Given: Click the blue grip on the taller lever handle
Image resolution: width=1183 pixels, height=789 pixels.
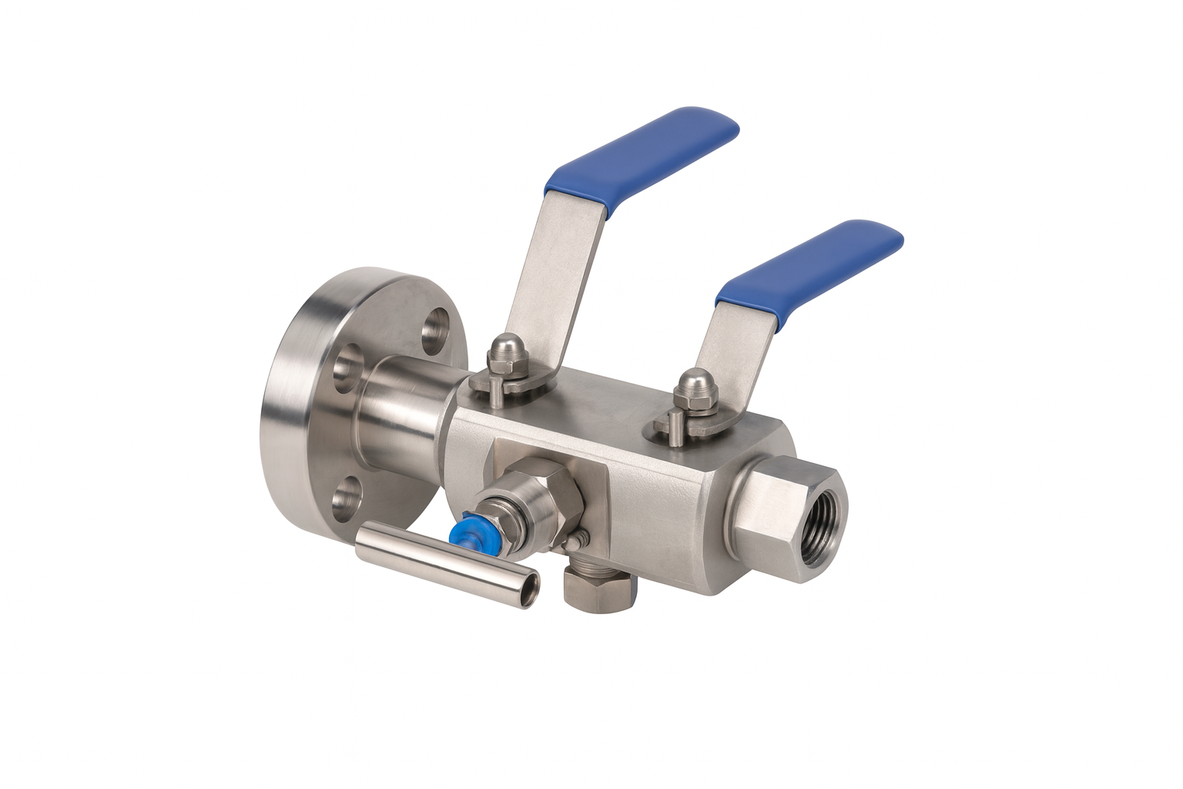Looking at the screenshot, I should [x=643, y=158].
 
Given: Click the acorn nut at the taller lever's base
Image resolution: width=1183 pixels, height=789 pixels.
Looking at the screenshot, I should [x=504, y=351].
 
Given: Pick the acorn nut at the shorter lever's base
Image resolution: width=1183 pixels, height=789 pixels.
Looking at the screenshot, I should [x=695, y=388].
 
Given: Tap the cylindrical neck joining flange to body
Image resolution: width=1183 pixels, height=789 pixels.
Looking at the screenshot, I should [x=404, y=416].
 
